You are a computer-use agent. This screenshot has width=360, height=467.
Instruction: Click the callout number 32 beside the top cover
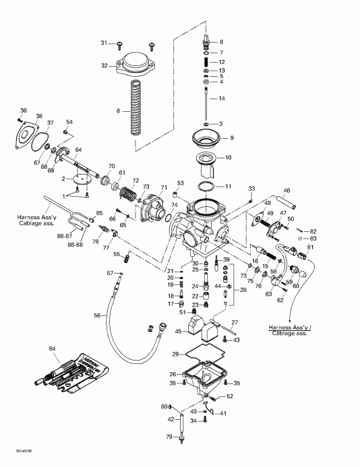coord(104,66)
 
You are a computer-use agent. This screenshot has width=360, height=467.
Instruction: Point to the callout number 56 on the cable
coord(97,315)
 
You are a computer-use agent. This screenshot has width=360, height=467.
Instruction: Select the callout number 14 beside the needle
coord(222,98)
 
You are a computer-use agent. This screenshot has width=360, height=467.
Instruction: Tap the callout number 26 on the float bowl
coord(173,374)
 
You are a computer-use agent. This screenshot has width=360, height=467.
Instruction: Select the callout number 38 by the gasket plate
coord(39,116)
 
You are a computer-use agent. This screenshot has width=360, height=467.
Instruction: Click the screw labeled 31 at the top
coord(119,44)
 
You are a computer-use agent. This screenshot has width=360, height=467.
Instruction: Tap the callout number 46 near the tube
coord(287,191)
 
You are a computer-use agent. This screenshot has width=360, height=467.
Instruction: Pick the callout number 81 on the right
coord(310,248)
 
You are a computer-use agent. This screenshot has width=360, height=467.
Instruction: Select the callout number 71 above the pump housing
coord(163,187)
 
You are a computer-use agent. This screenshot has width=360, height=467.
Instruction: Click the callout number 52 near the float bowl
coord(230,396)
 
